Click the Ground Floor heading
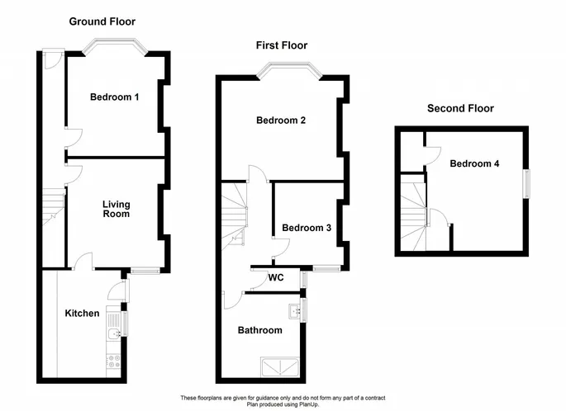tap(102, 21)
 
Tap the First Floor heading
tap(282, 45)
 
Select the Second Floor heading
tap(460, 108)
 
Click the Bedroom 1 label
tap(114, 97)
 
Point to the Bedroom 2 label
tap(281, 120)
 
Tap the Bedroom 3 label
tap(307, 228)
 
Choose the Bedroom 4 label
tap(474, 163)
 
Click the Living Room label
tap(117, 209)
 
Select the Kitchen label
tap(82, 314)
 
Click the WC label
tap(276, 277)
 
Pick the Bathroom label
tap(260, 330)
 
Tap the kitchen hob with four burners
tap(114, 361)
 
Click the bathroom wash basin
tap(295, 311)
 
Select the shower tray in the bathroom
tap(280, 367)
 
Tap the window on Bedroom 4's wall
tap(527, 184)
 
